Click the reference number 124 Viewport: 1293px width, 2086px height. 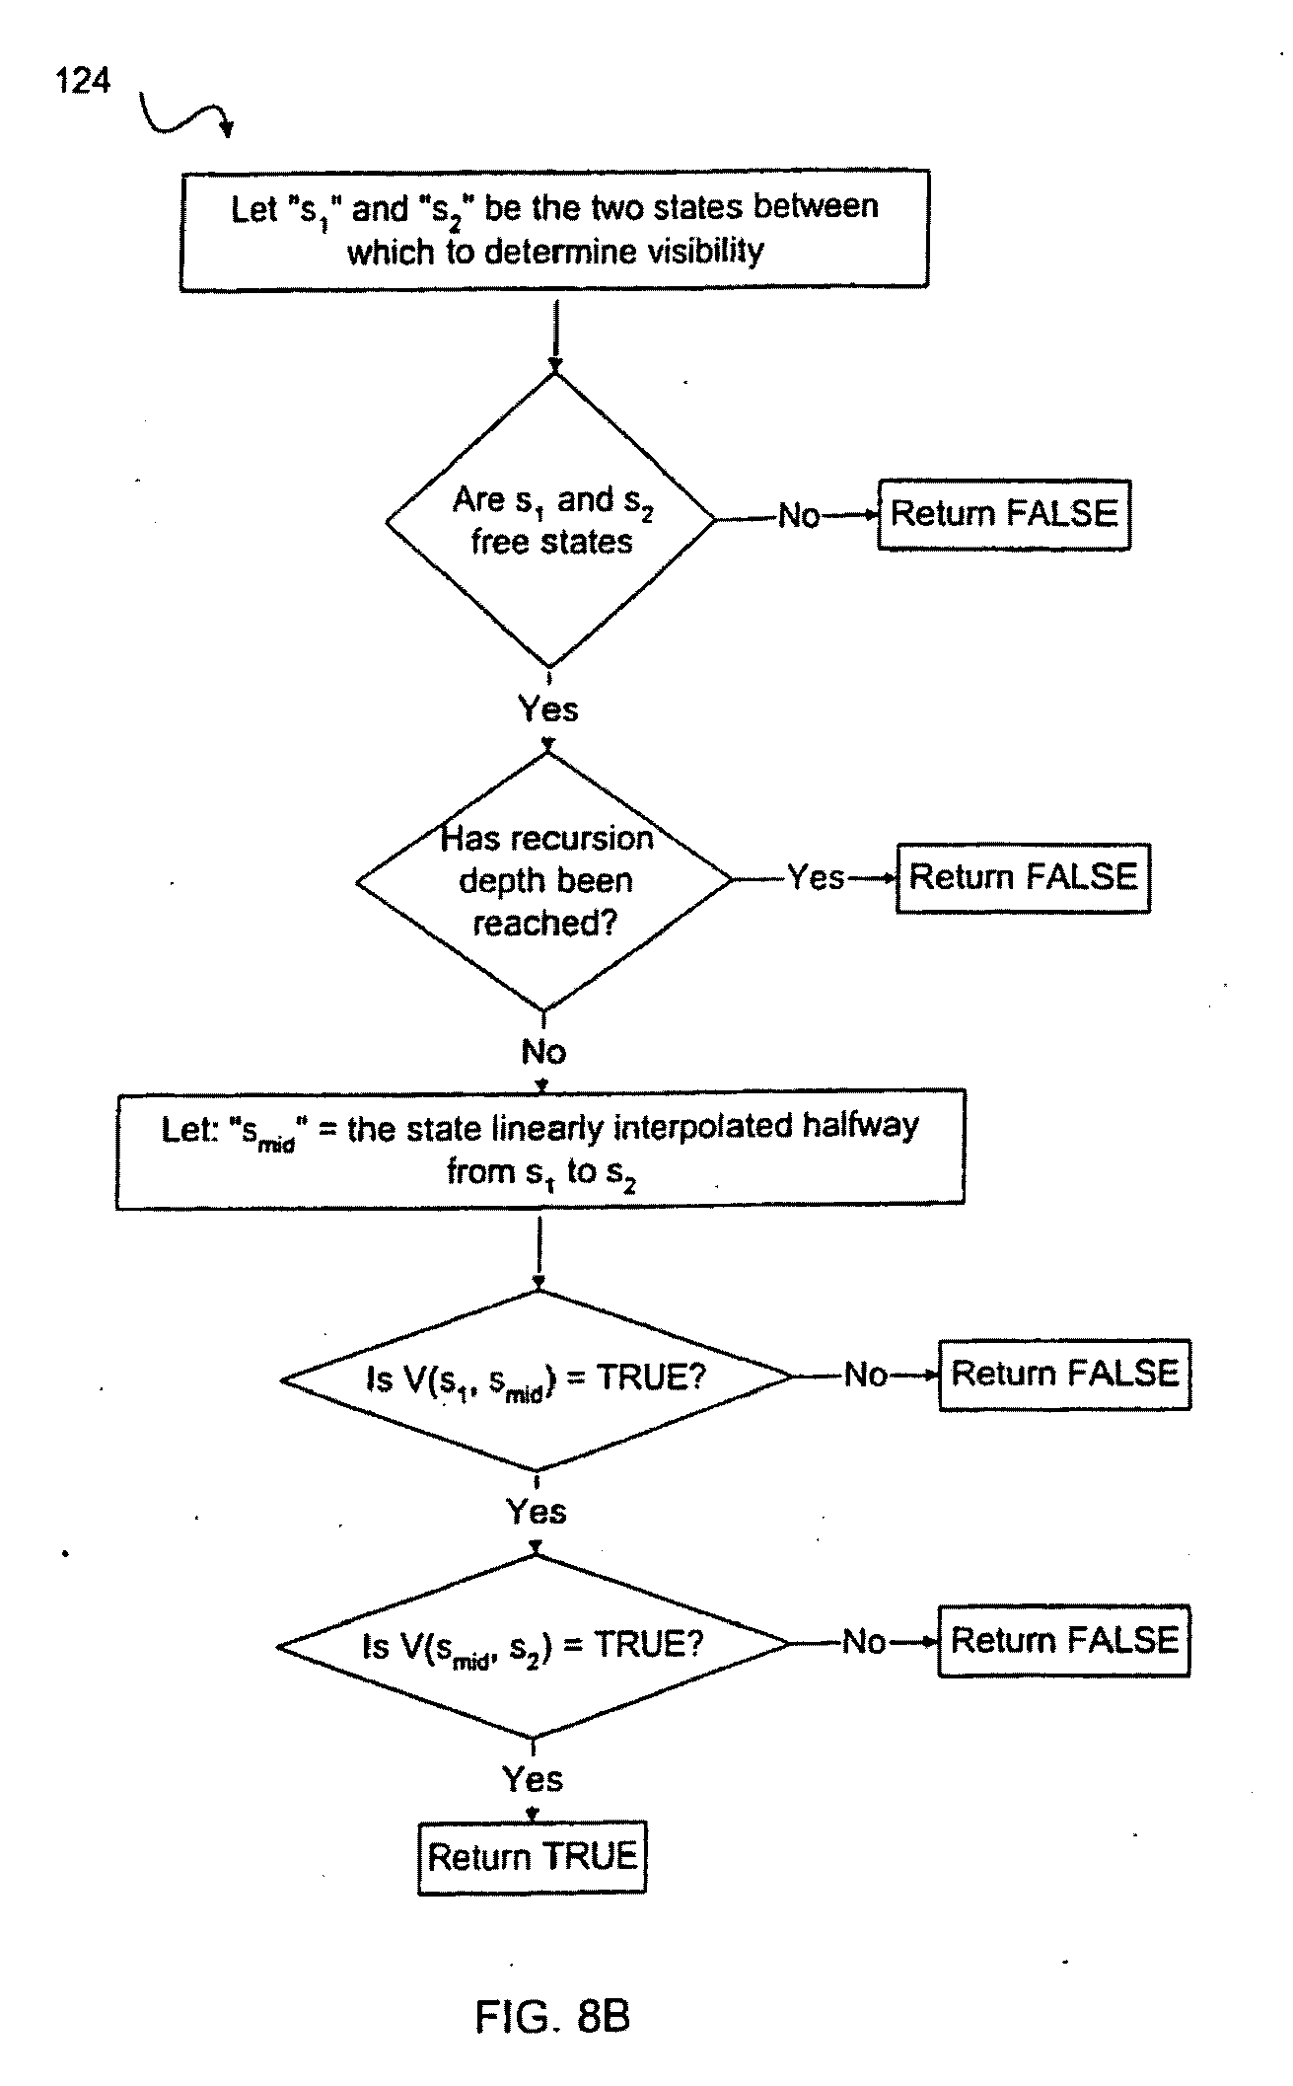click(x=83, y=80)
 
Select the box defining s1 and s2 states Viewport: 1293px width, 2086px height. click(x=553, y=229)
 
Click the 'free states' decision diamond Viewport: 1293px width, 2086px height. click(x=550, y=520)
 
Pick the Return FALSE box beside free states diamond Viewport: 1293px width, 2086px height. click(x=1004, y=514)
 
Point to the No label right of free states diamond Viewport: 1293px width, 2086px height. click(x=798, y=515)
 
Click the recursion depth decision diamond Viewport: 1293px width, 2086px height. click(x=545, y=880)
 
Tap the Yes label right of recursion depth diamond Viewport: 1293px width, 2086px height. click(x=816, y=877)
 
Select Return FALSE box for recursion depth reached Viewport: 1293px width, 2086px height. click(x=1023, y=877)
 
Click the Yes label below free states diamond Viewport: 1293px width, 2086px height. click(x=548, y=708)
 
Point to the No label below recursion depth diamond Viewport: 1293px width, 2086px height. click(x=543, y=1052)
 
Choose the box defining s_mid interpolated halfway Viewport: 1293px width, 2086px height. click(x=539, y=1149)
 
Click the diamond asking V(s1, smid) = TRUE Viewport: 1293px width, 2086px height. click(x=537, y=1378)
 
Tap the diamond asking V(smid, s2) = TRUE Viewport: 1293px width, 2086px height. click(x=534, y=1645)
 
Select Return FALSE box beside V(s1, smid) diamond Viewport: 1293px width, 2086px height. click(x=1064, y=1375)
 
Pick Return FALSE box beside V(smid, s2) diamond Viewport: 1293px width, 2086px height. click(x=1064, y=1641)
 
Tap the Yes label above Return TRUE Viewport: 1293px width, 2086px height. click(x=533, y=1778)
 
